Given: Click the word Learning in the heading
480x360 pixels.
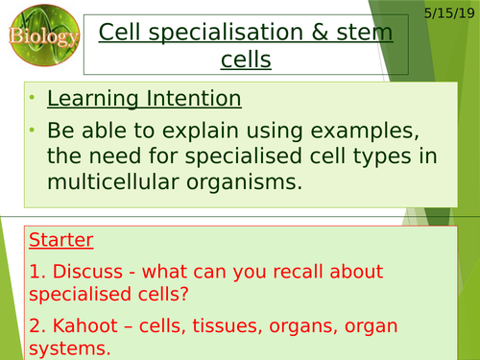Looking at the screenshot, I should point(92,99).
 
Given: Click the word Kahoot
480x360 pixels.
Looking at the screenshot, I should point(80,324).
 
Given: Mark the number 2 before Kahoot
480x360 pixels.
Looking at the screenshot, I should point(34,324).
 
